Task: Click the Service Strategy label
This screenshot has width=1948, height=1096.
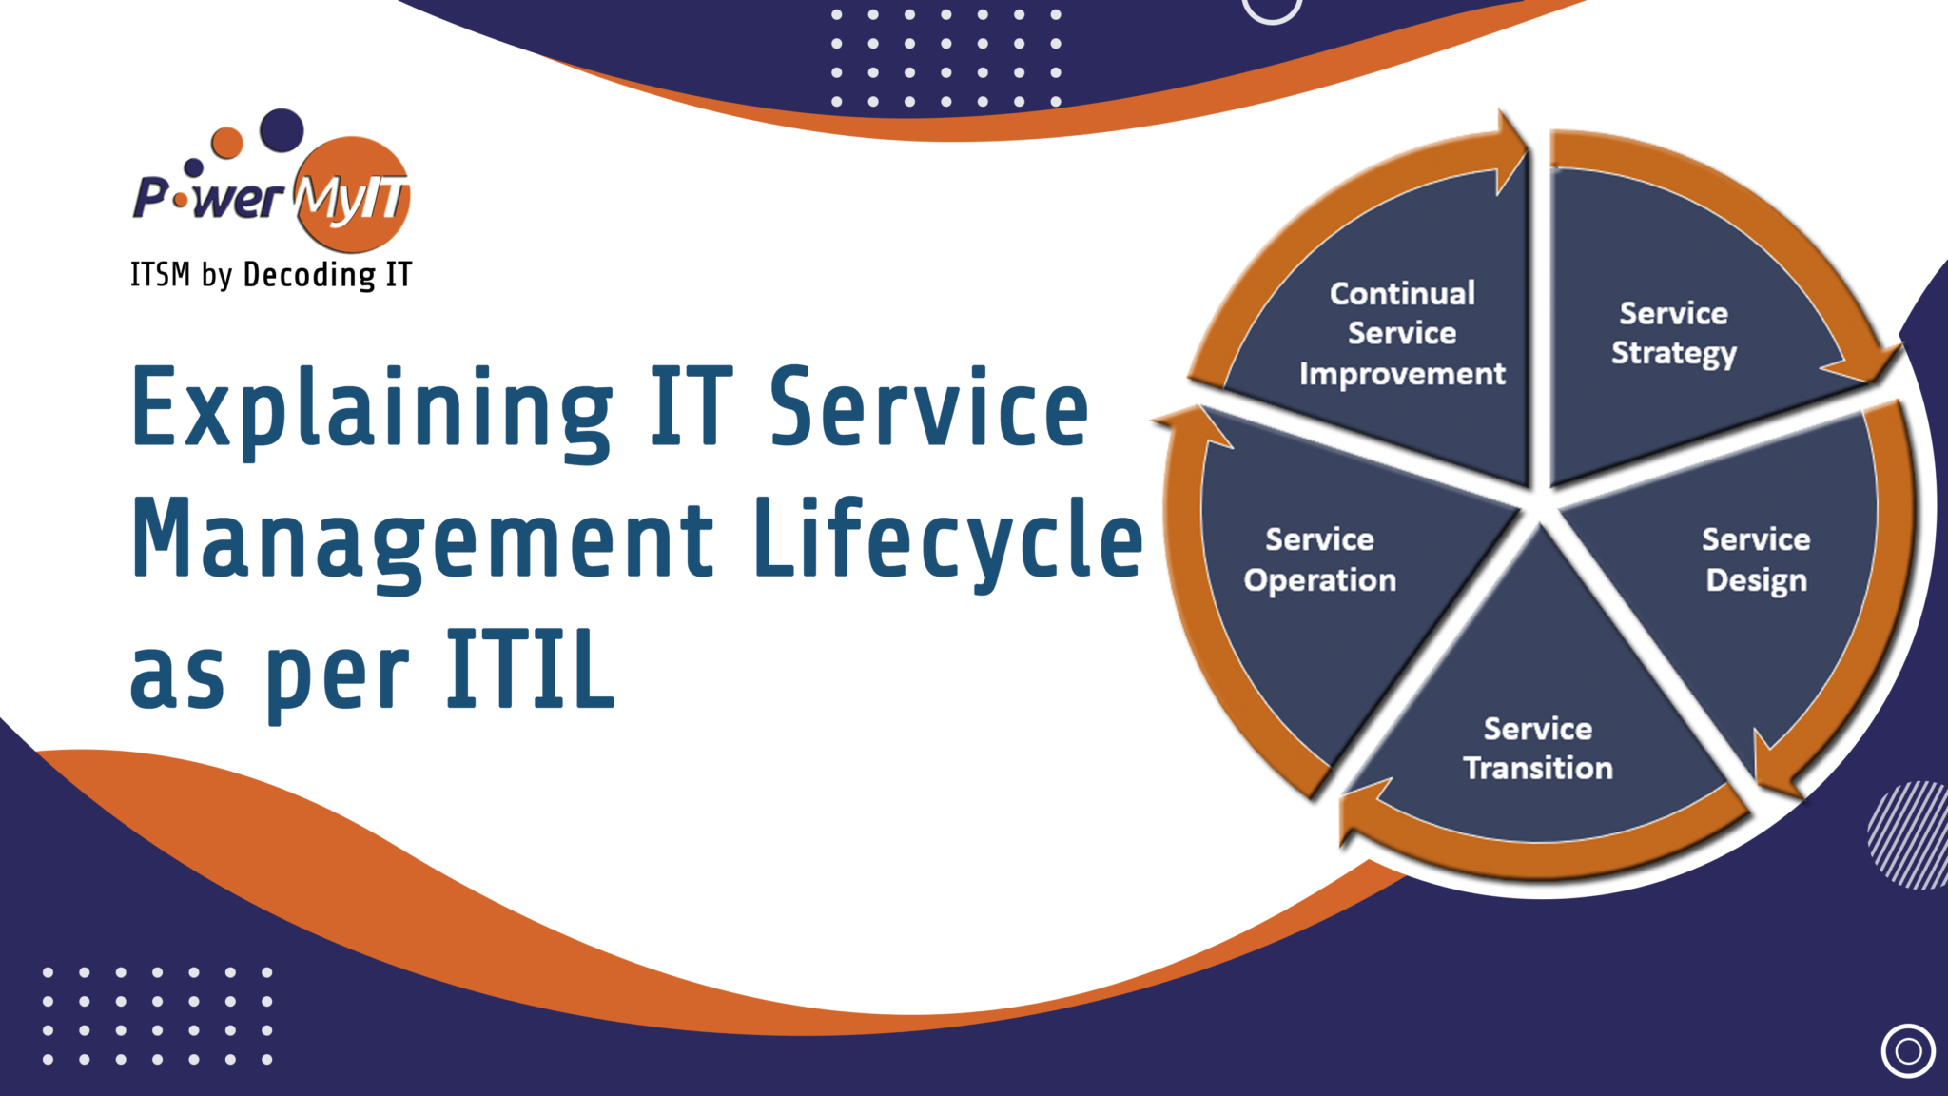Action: click(1673, 333)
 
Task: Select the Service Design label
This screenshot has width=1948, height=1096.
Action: click(1756, 559)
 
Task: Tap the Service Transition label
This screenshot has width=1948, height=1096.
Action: click(1538, 749)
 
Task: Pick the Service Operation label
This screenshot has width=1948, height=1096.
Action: click(1320, 559)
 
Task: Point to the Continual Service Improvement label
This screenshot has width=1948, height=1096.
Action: click(1402, 334)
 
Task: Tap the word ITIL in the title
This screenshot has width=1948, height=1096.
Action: click(531, 670)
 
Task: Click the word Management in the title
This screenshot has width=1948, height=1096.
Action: click(422, 540)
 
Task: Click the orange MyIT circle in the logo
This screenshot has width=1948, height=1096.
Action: click(352, 195)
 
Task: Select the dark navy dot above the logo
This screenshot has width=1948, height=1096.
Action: click(282, 130)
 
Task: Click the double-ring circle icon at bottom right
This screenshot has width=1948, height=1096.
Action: click(1907, 1051)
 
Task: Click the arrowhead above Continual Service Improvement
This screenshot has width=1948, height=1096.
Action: click(1509, 152)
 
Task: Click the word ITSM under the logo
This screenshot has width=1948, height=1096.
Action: click(160, 275)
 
